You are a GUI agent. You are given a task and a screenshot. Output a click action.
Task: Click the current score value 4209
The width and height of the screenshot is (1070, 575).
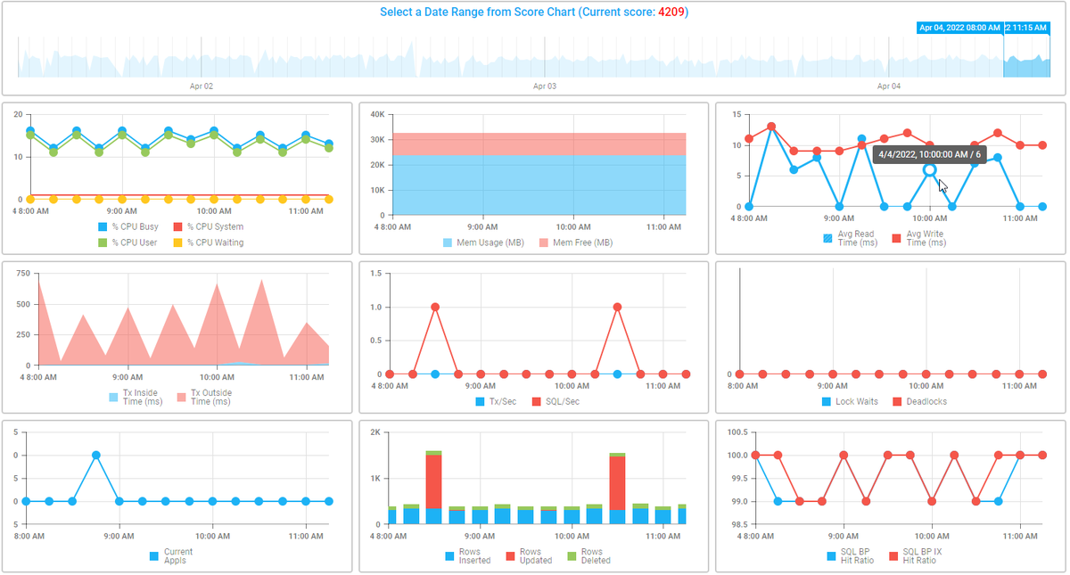click(x=671, y=12)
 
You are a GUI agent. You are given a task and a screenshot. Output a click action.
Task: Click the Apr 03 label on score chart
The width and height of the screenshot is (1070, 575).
click(x=544, y=86)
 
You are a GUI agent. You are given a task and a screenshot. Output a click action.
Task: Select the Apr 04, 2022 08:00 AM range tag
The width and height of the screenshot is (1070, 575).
click(x=959, y=28)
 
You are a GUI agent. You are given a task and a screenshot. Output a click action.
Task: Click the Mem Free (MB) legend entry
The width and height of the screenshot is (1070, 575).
click(x=578, y=242)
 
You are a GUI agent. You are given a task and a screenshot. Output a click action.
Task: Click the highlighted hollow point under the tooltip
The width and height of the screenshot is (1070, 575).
click(x=929, y=169)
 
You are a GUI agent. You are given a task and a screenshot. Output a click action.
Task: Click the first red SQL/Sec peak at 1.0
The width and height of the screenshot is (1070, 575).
click(x=435, y=307)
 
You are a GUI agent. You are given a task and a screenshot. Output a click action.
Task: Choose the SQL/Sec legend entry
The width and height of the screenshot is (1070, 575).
click(x=558, y=401)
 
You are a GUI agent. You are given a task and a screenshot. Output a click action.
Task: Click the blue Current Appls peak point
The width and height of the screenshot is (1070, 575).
click(x=95, y=455)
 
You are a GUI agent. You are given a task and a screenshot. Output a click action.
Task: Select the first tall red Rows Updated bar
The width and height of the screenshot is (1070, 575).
click(x=434, y=481)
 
